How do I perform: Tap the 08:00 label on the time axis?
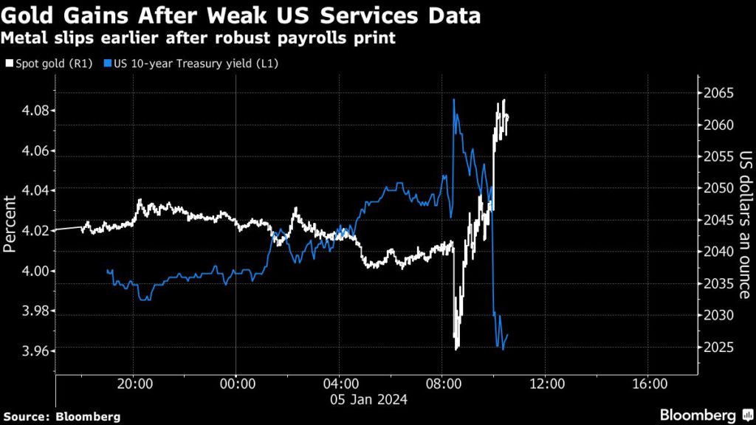[443, 384]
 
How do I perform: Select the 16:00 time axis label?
[647, 384]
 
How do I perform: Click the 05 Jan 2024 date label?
[367, 399]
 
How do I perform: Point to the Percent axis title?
[10, 224]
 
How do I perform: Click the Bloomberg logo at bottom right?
[701, 414]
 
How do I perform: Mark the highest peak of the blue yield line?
[453, 100]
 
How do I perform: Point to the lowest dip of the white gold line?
[458, 348]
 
